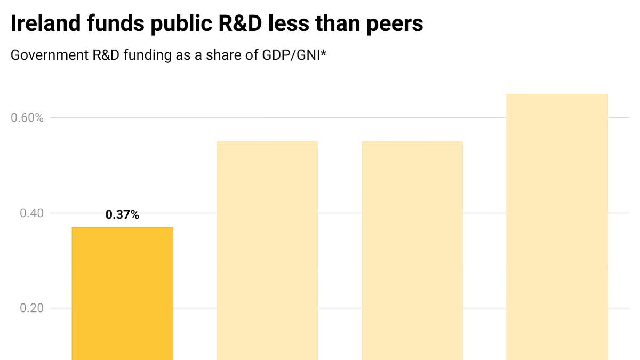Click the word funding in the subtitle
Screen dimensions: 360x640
tap(146, 55)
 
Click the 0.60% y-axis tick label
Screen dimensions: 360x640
tap(27, 117)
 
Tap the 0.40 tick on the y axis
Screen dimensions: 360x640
tap(31, 213)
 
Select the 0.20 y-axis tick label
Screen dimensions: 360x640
tap(31, 308)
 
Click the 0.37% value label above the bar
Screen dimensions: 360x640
tap(122, 215)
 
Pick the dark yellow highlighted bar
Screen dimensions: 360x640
tap(122, 293)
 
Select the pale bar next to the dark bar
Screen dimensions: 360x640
tap(267, 251)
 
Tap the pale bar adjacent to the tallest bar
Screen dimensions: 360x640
tap(412, 251)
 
